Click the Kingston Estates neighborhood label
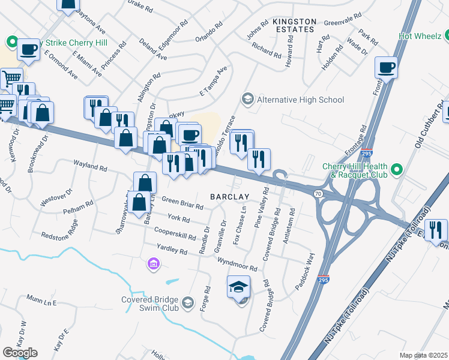point(294,25)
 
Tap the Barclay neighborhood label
point(229,197)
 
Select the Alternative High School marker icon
point(247,98)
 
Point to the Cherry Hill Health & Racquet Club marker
point(396,170)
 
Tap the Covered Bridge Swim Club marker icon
point(188,302)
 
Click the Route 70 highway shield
point(318,193)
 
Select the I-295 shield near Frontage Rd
point(367,154)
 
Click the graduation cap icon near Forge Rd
point(238,287)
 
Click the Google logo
point(20,353)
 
